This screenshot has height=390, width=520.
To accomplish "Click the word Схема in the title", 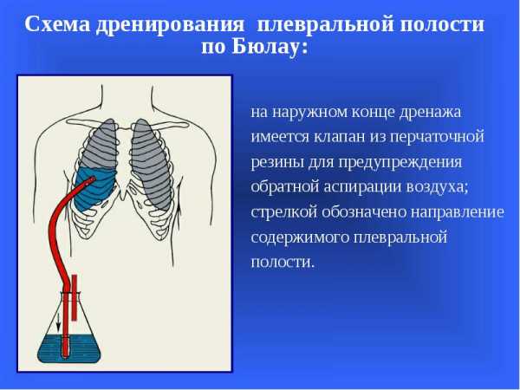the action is tap(57, 24).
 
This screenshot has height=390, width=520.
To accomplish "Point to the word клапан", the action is tap(339, 136).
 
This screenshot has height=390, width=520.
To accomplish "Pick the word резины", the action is tap(276, 162).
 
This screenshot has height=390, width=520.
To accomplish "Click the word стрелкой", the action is tap(283, 212).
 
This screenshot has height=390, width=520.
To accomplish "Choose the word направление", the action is tap(458, 212).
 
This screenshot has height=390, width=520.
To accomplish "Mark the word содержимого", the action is tap(300, 237).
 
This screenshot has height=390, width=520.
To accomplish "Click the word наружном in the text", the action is tap(310, 113).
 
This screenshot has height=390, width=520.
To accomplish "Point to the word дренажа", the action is tap(430, 112).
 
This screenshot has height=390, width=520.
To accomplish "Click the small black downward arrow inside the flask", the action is tap(58, 322).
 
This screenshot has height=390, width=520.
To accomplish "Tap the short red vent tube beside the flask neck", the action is tap(75, 297).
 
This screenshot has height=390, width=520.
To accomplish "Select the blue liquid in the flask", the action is tap(69, 348).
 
